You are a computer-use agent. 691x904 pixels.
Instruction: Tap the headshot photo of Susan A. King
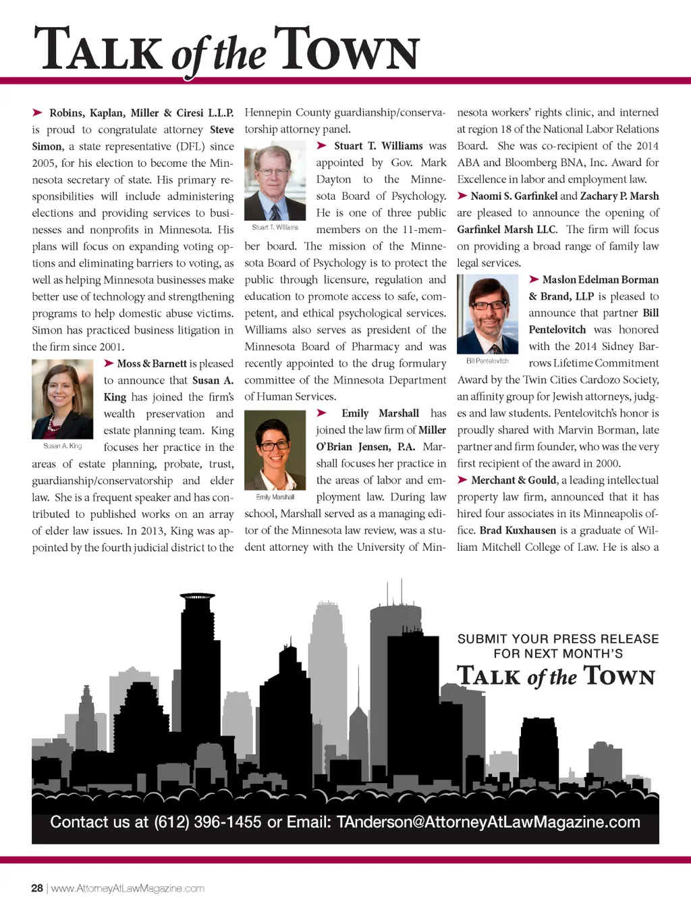click(x=62, y=399)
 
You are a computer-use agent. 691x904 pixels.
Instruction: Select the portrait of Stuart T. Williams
click(x=275, y=180)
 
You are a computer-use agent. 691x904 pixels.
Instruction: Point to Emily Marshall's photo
click(x=275, y=450)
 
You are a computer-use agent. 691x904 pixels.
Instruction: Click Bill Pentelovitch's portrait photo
click(x=487, y=314)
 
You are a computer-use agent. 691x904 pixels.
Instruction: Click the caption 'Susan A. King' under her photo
click(x=62, y=446)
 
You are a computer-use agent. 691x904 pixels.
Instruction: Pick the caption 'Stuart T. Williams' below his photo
click(x=275, y=228)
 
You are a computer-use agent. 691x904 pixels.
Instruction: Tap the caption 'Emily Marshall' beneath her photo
click(x=275, y=497)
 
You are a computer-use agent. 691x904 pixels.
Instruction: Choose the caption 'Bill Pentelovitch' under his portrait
click(x=487, y=361)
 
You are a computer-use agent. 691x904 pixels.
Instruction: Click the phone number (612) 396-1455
click(x=208, y=822)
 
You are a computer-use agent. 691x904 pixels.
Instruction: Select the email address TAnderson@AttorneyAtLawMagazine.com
click(x=488, y=822)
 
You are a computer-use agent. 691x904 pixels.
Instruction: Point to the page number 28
click(x=37, y=888)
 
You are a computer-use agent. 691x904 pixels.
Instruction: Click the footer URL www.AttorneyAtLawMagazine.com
click(x=128, y=888)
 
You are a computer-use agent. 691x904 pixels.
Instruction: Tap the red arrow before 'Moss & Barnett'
click(x=109, y=363)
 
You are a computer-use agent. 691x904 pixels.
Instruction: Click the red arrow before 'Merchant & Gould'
click(x=462, y=480)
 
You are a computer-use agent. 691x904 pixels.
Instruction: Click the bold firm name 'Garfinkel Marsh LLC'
click(x=507, y=230)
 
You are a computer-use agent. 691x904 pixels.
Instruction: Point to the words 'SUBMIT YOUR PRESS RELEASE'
click(x=558, y=639)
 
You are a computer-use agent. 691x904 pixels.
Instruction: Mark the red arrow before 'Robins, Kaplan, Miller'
click(x=38, y=113)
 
